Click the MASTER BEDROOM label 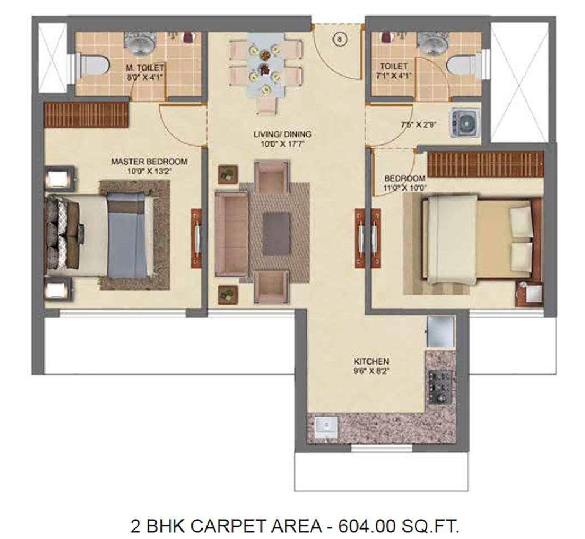pyautogui.click(x=149, y=162)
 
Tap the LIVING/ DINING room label pyautogui.click(x=282, y=134)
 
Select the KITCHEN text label pyautogui.click(x=371, y=362)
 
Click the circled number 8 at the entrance pyautogui.click(x=340, y=38)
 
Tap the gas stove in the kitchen pyautogui.click(x=440, y=387)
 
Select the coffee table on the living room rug pyautogui.click(x=276, y=232)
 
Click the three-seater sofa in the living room pyautogui.click(x=231, y=234)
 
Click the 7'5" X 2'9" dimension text pyautogui.click(x=418, y=125)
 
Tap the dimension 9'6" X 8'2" pyautogui.click(x=371, y=371)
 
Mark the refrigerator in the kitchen pyautogui.click(x=441, y=332)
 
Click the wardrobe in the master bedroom pyautogui.click(x=87, y=115)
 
